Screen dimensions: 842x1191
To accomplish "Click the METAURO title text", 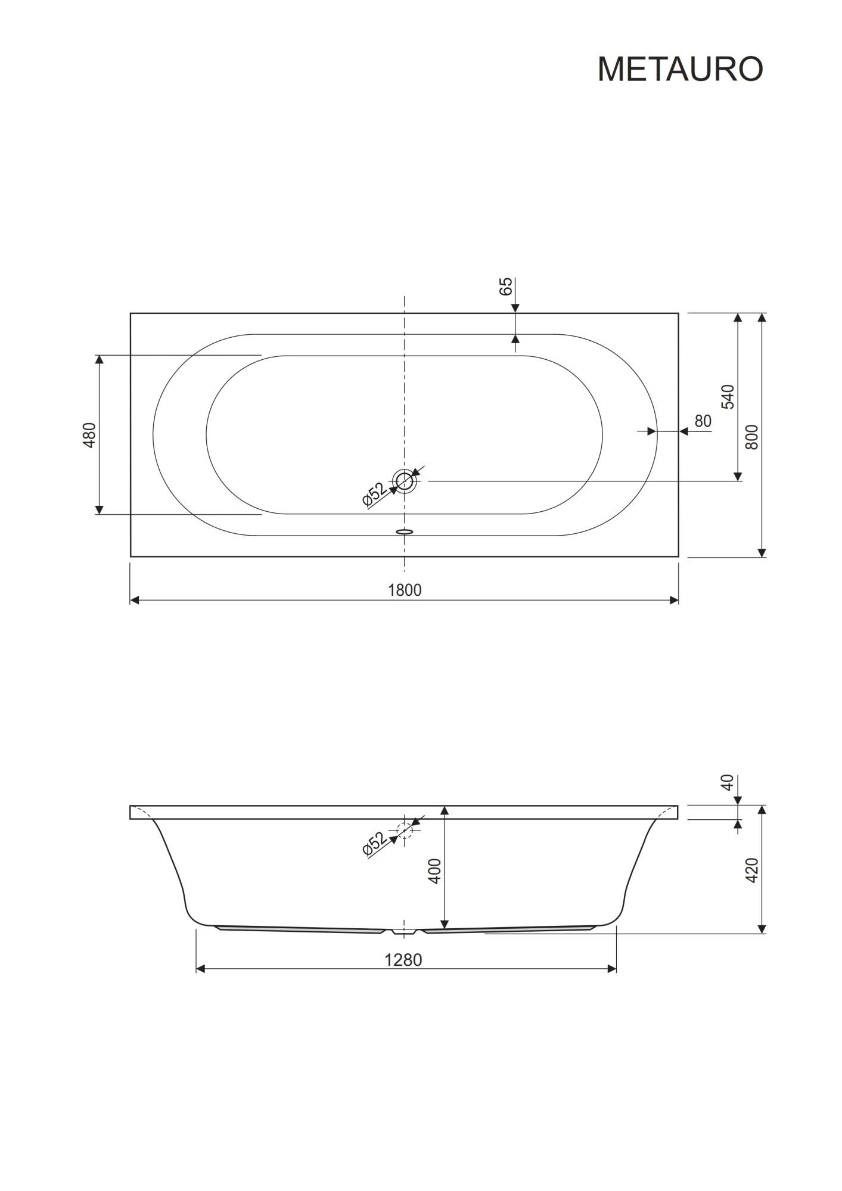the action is [680, 69].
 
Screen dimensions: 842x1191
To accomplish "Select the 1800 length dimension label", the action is [405, 590].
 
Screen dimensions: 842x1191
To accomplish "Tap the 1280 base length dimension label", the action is [403, 960].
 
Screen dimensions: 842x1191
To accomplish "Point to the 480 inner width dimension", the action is [89, 435].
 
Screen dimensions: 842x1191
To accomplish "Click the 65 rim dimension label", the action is [505, 287].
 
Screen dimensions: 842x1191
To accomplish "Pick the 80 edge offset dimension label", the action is [703, 421].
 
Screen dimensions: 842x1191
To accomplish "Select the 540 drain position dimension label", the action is [728, 397].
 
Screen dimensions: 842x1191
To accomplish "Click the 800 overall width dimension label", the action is [752, 437].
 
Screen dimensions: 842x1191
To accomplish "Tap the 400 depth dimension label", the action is [435, 870].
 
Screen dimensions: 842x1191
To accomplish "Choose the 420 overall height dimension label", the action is [752, 870].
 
